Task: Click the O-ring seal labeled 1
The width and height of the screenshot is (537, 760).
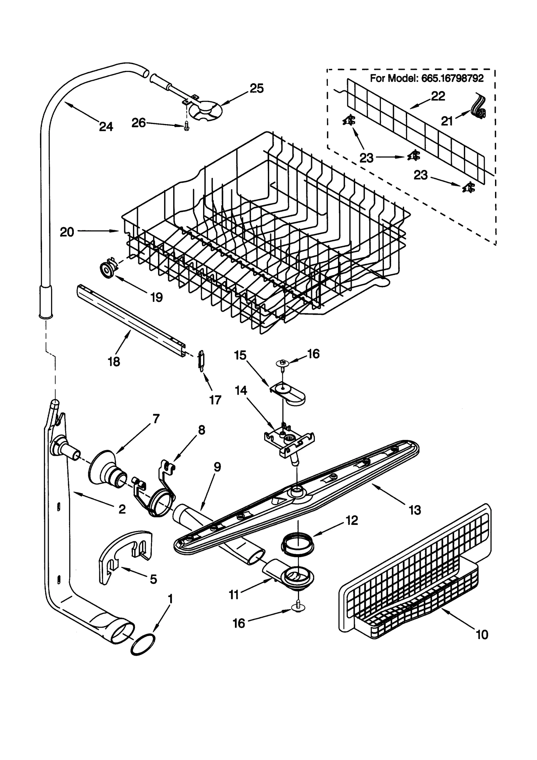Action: pyautogui.click(x=142, y=644)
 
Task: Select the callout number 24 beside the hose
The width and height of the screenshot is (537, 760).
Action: pyautogui.click(x=106, y=127)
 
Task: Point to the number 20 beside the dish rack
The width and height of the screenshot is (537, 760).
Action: pyautogui.click(x=67, y=232)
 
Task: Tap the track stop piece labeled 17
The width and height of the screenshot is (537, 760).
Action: pyautogui.click(x=201, y=360)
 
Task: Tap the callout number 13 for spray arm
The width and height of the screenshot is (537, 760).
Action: pyautogui.click(x=415, y=510)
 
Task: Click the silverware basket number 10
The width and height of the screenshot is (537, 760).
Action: pyautogui.click(x=482, y=635)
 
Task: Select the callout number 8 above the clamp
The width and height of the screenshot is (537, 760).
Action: pyautogui.click(x=201, y=430)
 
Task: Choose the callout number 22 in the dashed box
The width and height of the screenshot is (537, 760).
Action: pyautogui.click(x=438, y=96)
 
